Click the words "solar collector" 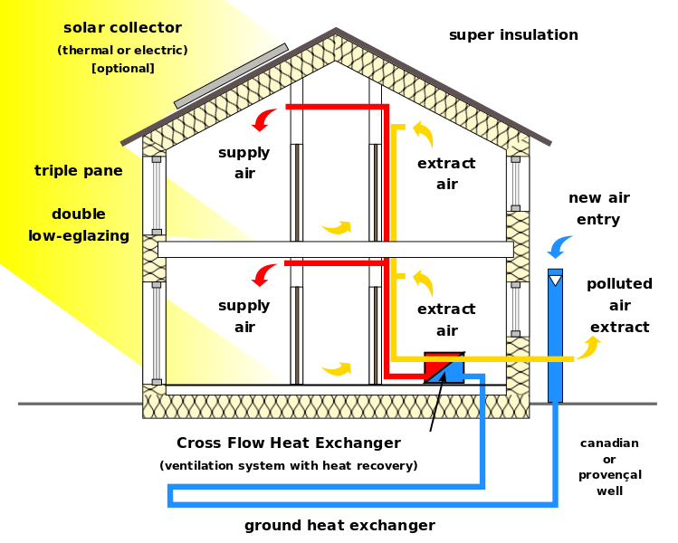pos(122,28)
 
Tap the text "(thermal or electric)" pos(122,51)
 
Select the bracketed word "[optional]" pos(123,69)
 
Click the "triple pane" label pos(79,171)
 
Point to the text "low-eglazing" pos(79,236)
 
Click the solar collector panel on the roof pos(230,75)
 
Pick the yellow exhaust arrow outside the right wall pos(589,347)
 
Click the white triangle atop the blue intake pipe pos(555,281)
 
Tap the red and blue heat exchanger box pos(444,367)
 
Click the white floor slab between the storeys pos(335,250)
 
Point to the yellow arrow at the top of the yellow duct pos(423,133)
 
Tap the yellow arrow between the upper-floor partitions pos(337,227)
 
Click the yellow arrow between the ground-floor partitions pos(337,368)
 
